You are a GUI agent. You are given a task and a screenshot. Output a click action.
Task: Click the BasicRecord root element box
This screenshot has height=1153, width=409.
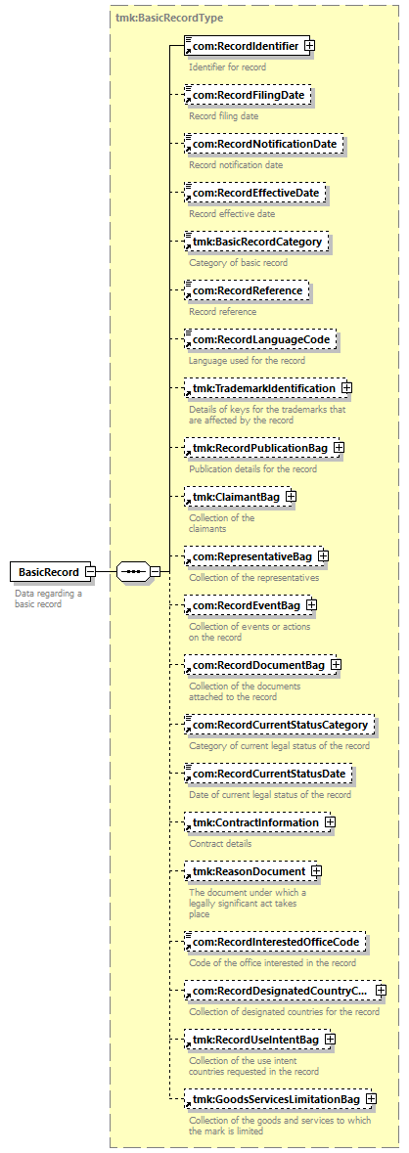pos(49,551)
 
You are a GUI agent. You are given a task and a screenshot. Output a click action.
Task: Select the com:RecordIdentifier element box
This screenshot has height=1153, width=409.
pos(244,46)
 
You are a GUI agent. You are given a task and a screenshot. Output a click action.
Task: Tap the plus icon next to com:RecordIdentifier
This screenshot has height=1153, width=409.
pos(310,46)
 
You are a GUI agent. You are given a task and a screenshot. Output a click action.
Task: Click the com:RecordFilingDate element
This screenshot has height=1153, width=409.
pos(248,95)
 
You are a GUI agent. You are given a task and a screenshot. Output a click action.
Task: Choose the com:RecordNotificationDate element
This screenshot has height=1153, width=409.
pos(264,144)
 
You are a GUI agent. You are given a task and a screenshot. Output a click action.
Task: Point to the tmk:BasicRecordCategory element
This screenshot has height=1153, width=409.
pos(256,242)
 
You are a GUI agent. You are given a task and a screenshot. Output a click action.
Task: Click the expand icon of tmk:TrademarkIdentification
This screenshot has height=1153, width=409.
pos(346,387)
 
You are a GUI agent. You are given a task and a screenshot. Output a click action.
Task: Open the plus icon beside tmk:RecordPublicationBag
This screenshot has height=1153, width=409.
pos(340,447)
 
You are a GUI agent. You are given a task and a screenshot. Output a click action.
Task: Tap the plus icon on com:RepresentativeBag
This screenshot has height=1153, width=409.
pos(323,556)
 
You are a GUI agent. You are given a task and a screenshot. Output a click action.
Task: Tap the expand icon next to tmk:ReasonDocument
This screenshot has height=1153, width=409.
pos(316,871)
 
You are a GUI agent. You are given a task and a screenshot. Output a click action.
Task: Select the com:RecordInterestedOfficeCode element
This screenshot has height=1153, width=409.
pos(276,942)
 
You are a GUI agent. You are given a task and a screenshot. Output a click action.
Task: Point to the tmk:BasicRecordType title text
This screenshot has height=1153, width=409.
pos(169,17)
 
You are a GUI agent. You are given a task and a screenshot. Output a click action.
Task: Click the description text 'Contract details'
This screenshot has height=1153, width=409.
pos(220,843)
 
